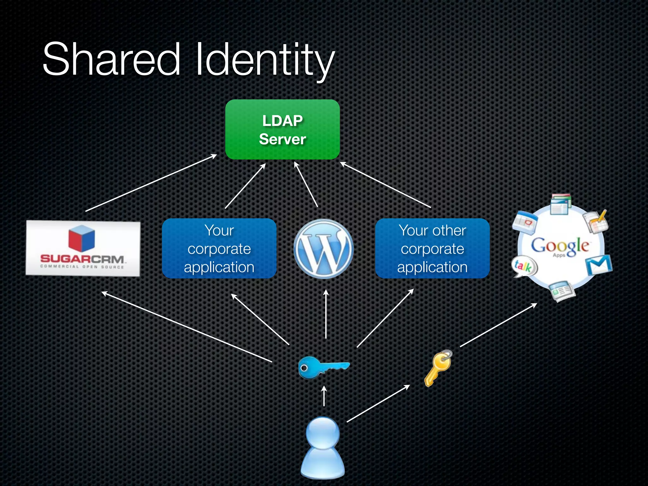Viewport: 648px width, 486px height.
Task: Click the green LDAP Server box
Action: [x=282, y=129]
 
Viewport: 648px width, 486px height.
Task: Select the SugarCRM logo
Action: [x=83, y=248]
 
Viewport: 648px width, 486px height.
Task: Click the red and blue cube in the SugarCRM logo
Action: [x=82, y=238]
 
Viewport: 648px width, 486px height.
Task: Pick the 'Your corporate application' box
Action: [x=219, y=248]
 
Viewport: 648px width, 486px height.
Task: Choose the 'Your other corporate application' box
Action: [x=432, y=248]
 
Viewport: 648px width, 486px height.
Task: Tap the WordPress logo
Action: [x=323, y=249]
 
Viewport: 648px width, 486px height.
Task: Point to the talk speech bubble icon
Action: [x=524, y=266]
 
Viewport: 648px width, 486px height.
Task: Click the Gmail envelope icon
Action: [x=598, y=265]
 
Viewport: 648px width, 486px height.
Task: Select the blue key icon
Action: [x=323, y=367]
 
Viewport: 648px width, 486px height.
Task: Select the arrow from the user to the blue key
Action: [x=324, y=396]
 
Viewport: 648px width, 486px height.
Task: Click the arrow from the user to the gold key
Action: [x=378, y=403]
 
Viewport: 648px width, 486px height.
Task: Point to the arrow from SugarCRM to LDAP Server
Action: [x=151, y=183]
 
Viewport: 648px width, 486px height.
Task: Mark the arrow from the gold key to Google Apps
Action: [x=498, y=325]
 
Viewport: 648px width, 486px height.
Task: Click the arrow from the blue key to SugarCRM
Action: [x=187, y=327]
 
